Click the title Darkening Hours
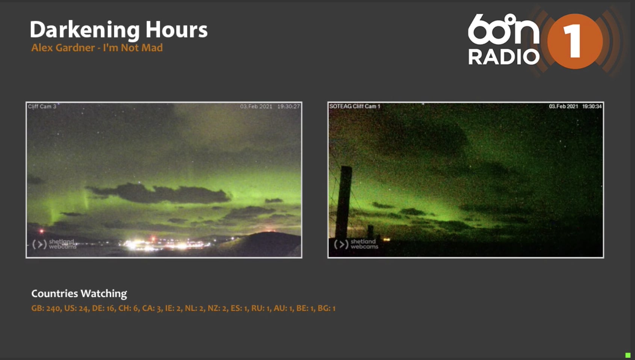tap(118, 29)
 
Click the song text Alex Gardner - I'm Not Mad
tap(97, 48)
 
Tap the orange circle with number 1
tap(575, 41)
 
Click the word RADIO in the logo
tap(504, 57)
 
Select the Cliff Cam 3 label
tap(42, 106)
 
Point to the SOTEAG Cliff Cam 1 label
tap(355, 106)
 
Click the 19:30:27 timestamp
tap(289, 106)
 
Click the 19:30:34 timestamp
tap(592, 106)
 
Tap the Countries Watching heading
tap(79, 293)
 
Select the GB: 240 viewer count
tap(45, 308)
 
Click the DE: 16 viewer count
tap(103, 308)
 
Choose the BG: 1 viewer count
tap(327, 308)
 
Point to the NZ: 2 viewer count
tap(217, 308)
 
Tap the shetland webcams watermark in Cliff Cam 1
tap(356, 244)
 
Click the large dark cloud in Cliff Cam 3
tap(159, 193)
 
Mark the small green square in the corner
tap(628, 355)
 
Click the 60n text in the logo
tap(503, 29)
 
